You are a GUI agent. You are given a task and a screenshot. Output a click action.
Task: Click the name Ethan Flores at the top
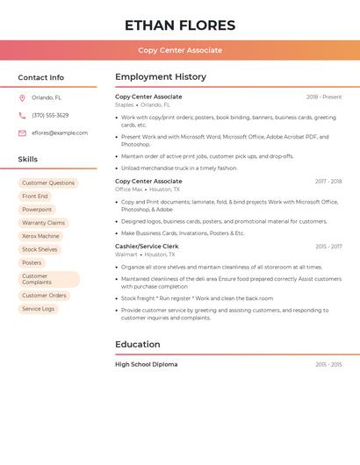point(180,25)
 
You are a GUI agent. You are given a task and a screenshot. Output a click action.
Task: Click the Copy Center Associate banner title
point(180,50)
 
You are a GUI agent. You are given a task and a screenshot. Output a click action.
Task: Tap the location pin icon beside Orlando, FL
point(22,98)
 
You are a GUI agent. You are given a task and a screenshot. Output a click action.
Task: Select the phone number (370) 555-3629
point(50,115)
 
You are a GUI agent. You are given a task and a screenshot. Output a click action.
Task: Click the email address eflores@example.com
point(60,132)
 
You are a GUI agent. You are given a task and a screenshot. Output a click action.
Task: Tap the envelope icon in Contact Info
point(22,133)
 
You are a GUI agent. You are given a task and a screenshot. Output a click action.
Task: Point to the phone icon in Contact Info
point(22,116)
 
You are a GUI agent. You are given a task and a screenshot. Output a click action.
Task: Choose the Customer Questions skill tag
point(48,183)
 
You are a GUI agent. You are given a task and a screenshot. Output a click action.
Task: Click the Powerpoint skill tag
point(37,210)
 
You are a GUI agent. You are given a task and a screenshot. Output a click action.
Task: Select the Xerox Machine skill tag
point(40,236)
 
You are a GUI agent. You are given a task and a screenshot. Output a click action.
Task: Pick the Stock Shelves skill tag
point(40,249)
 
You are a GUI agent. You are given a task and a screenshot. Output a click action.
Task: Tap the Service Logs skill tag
point(38,309)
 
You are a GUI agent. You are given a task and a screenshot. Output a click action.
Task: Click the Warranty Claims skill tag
point(43,223)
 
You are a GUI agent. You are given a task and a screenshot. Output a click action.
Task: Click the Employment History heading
point(161,77)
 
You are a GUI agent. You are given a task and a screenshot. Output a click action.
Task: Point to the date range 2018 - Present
point(324,97)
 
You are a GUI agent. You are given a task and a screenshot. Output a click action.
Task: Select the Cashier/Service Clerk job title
point(146,247)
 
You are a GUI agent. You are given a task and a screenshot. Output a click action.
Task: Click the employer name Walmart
point(126,254)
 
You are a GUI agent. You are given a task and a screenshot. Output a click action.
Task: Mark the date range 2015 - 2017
point(328,247)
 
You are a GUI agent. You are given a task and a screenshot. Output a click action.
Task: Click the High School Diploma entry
point(146,364)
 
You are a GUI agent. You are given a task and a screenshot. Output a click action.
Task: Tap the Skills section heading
point(28,160)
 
